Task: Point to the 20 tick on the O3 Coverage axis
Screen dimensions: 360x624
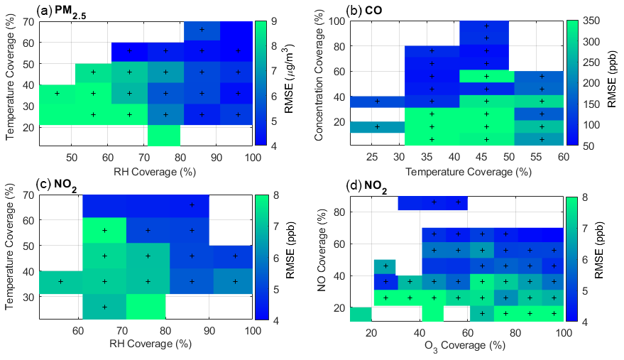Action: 369,332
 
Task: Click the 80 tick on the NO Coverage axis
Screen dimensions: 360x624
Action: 340,212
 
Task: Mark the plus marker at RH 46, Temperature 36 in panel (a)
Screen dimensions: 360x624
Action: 57,93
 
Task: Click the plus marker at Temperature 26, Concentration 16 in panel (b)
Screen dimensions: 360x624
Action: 378,127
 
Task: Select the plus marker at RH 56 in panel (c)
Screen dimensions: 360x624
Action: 60,281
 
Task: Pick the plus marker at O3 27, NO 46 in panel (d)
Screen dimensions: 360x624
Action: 385,266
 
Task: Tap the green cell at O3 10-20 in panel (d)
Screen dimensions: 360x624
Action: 361,314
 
